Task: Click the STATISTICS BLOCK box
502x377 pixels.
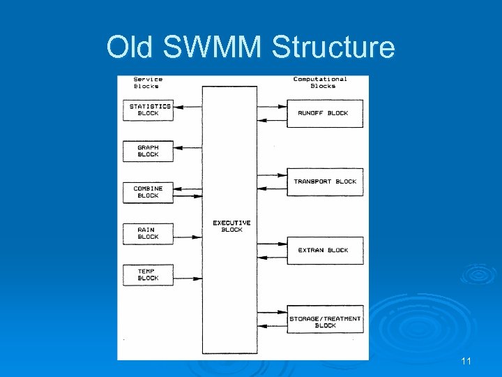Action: coord(148,110)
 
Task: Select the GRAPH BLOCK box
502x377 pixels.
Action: coord(148,151)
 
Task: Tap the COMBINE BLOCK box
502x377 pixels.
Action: coord(148,192)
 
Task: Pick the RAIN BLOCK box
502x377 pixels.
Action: coord(148,233)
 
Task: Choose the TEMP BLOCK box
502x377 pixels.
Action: coord(148,274)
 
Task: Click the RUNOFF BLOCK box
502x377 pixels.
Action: coord(325,113)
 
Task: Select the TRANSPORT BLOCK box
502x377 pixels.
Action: coord(325,182)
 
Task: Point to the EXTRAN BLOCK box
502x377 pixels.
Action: coord(325,250)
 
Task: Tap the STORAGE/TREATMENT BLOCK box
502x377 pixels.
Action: coord(325,322)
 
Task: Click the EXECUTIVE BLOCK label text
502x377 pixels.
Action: coord(231,226)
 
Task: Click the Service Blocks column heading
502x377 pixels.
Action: coord(148,82)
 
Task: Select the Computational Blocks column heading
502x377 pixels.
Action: coord(320,82)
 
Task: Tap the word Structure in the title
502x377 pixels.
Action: coord(333,47)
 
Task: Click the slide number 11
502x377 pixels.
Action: coord(466,361)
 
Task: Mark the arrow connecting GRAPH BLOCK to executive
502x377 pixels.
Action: coord(187,148)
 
